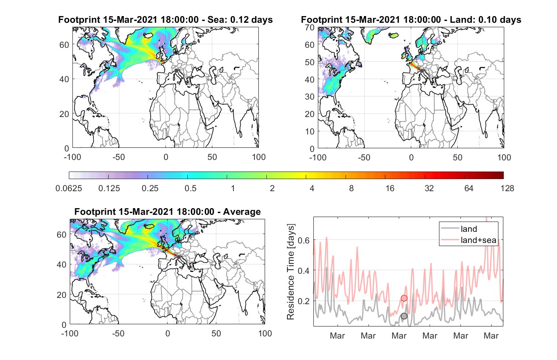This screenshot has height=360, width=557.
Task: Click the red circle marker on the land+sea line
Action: click(x=404, y=298)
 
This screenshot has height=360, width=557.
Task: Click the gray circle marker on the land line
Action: click(x=404, y=316)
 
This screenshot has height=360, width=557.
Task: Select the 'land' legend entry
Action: click(x=469, y=229)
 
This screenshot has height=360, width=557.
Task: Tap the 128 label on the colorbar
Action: click(x=507, y=188)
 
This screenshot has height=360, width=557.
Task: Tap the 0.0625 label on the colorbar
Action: click(x=69, y=188)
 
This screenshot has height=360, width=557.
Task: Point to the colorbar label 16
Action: click(x=390, y=188)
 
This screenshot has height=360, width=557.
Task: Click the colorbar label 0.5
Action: click(x=190, y=188)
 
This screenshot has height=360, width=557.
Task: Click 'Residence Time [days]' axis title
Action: click(x=291, y=272)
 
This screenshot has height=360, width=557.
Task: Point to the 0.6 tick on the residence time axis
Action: click(x=304, y=240)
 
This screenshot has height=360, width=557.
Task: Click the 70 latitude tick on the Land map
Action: click(x=310, y=27)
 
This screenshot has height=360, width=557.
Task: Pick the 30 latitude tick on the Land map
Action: click(x=310, y=96)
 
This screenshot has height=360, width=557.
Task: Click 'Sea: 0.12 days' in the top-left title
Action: click(x=240, y=20)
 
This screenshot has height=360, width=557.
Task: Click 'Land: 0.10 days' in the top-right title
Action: click(x=485, y=20)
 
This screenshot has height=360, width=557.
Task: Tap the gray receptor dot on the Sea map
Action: click(x=176, y=71)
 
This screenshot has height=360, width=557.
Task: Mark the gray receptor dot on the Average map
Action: click(x=178, y=257)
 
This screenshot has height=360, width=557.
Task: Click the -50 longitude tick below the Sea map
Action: click(x=118, y=157)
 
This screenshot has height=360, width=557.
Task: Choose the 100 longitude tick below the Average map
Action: click(x=265, y=333)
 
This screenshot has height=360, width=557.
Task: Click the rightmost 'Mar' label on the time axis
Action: click(x=491, y=336)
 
